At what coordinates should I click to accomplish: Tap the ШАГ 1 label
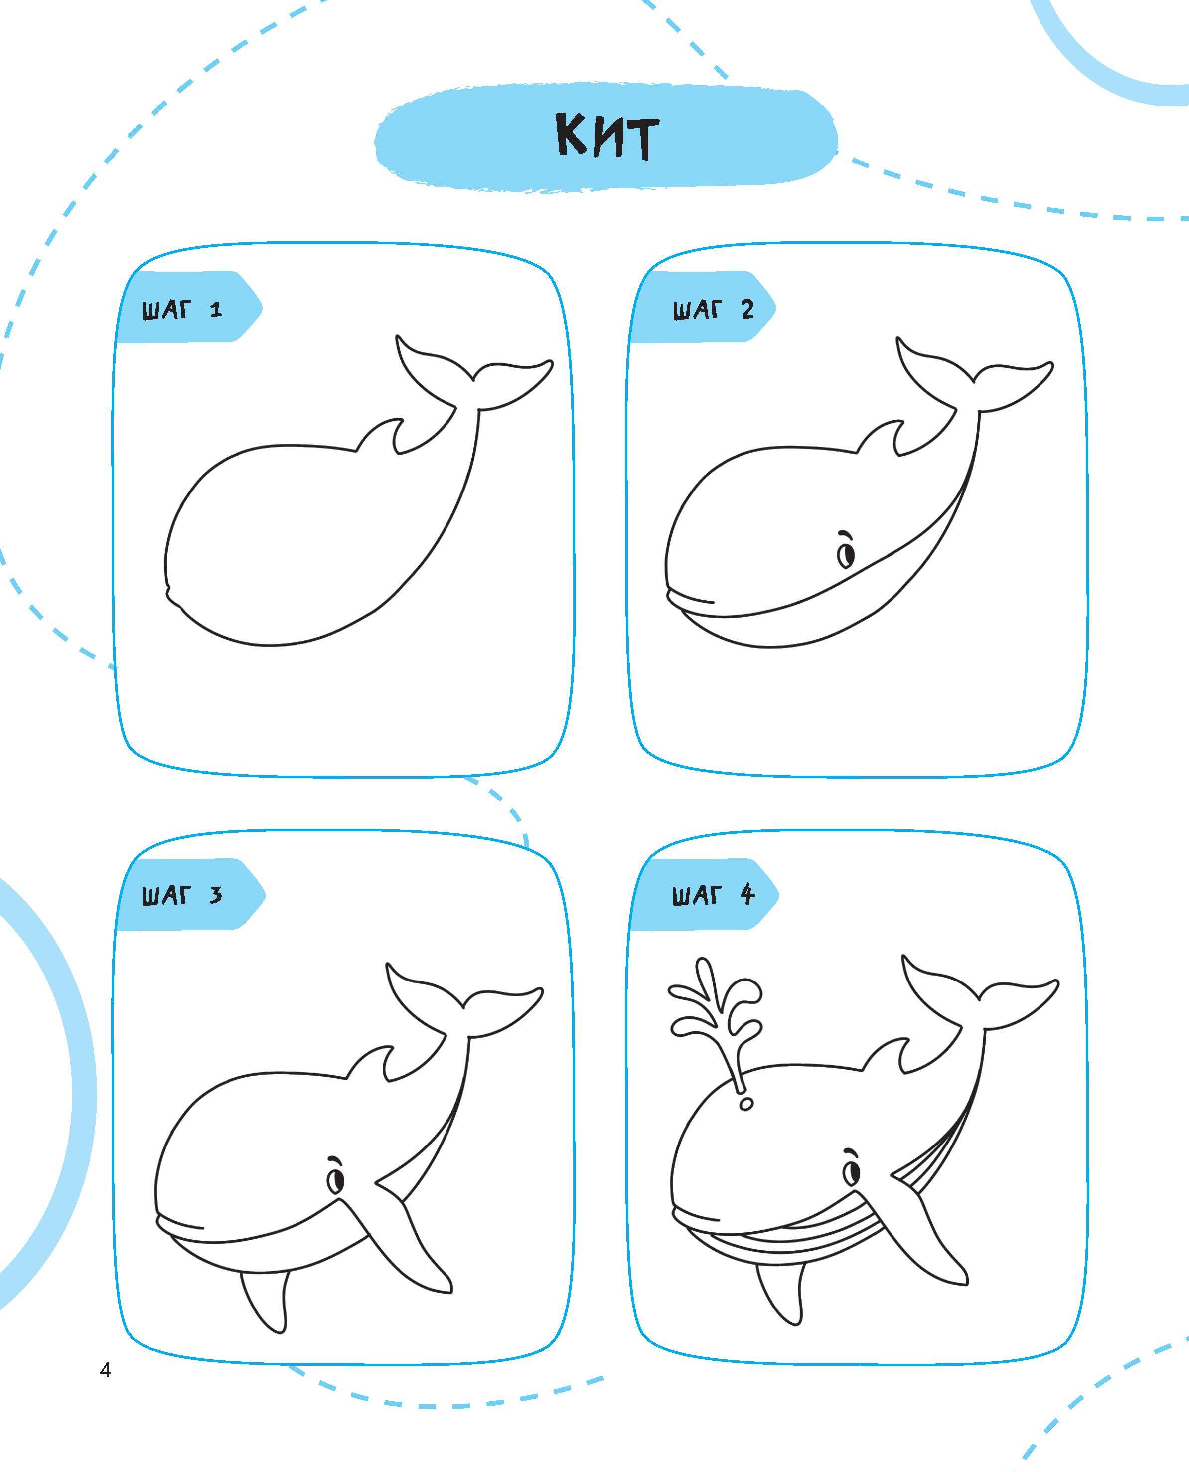tap(182, 310)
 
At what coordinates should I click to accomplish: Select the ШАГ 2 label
tap(713, 310)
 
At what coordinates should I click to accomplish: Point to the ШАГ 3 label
tap(182, 895)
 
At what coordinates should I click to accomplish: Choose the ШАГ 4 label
tap(713, 895)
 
